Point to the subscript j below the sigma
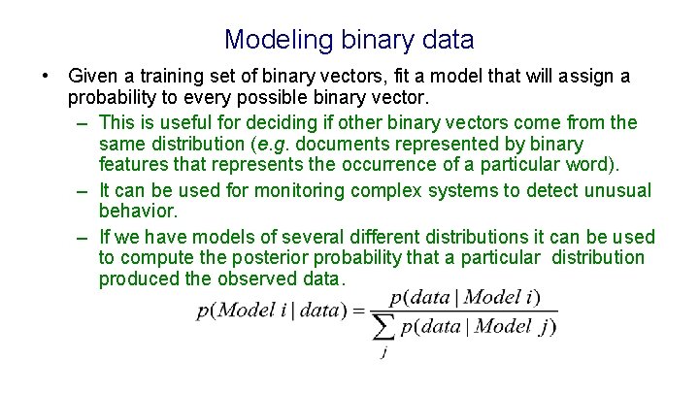click(x=385, y=353)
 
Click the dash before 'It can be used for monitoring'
click(x=85, y=191)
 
